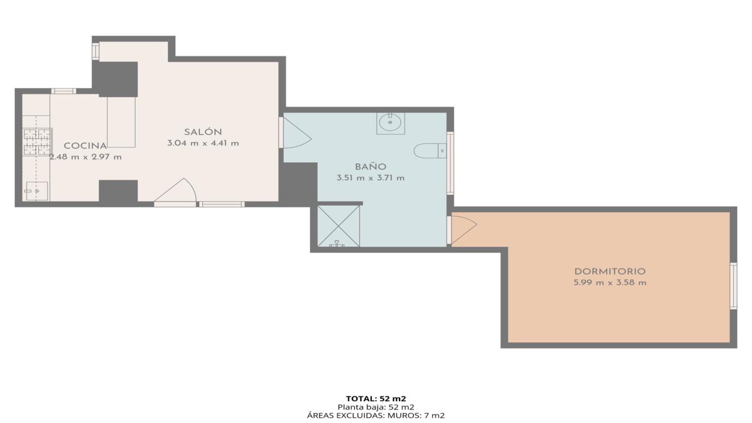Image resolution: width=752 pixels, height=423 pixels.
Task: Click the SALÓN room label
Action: pyautogui.click(x=203, y=132)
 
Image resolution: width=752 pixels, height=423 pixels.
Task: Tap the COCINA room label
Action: pyautogui.click(x=86, y=146)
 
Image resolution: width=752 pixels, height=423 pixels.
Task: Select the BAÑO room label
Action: pyautogui.click(x=371, y=166)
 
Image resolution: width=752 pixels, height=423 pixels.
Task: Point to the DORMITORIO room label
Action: pyautogui.click(x=610, y=271)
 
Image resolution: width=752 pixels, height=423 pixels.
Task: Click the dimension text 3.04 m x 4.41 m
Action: pyautogui.click(x=203, y=143)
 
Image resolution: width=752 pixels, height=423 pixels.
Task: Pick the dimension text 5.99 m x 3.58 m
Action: pyautogui.click(x=610, y=283)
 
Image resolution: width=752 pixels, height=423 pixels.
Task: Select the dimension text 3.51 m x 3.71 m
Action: pyautogui.click(x=371, y=178)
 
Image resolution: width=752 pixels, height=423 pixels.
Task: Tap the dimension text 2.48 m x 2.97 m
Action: pyautogui.click(x=86, y=157)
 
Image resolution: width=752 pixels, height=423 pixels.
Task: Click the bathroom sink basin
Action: pyautogui.click(x=391, y=123)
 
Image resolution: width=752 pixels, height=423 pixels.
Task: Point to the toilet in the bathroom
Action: pyautogui.click(x=430, y=151)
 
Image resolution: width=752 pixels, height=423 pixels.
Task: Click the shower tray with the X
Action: pyautogui.click(x=338, y=226)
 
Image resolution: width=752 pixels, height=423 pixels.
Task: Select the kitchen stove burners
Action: pyautogui.click(x=37, y=142)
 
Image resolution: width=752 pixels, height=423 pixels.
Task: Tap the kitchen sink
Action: pyautogui.click(x=36, y=191)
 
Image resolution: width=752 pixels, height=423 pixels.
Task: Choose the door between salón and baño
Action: pyautogui.click(x=297, y=132)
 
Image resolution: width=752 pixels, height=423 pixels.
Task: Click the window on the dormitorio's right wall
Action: pyautogui.click(x=734, y=286)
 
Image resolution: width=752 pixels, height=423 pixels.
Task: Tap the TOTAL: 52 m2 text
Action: pyautogui.click(x=376, y=399)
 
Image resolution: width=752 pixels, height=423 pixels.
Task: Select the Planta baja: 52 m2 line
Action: pyautogui.click(x=376, y=407)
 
